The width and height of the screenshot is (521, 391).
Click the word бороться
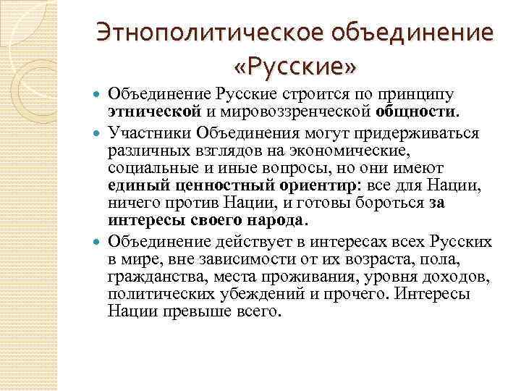(391, 203)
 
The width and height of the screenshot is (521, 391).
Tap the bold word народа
(276, 221)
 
